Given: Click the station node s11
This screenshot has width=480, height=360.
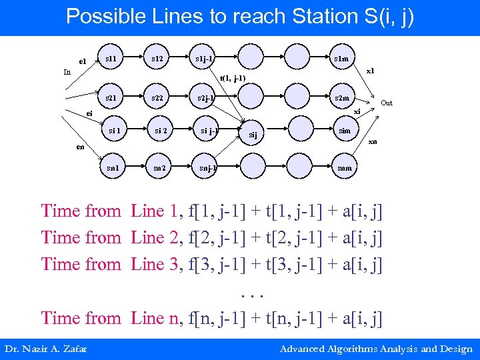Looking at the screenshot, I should coord(111,59).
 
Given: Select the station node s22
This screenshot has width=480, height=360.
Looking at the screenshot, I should coord(157,98).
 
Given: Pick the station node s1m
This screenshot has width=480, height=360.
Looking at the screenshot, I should coord(341,59).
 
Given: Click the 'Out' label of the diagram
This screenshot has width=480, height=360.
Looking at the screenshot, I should coord(387,103).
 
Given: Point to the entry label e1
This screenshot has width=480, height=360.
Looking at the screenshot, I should coord(83,62).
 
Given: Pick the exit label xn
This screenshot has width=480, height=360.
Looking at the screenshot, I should coord(373,141).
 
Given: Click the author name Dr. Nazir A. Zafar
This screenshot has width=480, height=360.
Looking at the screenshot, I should coord(45,349).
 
